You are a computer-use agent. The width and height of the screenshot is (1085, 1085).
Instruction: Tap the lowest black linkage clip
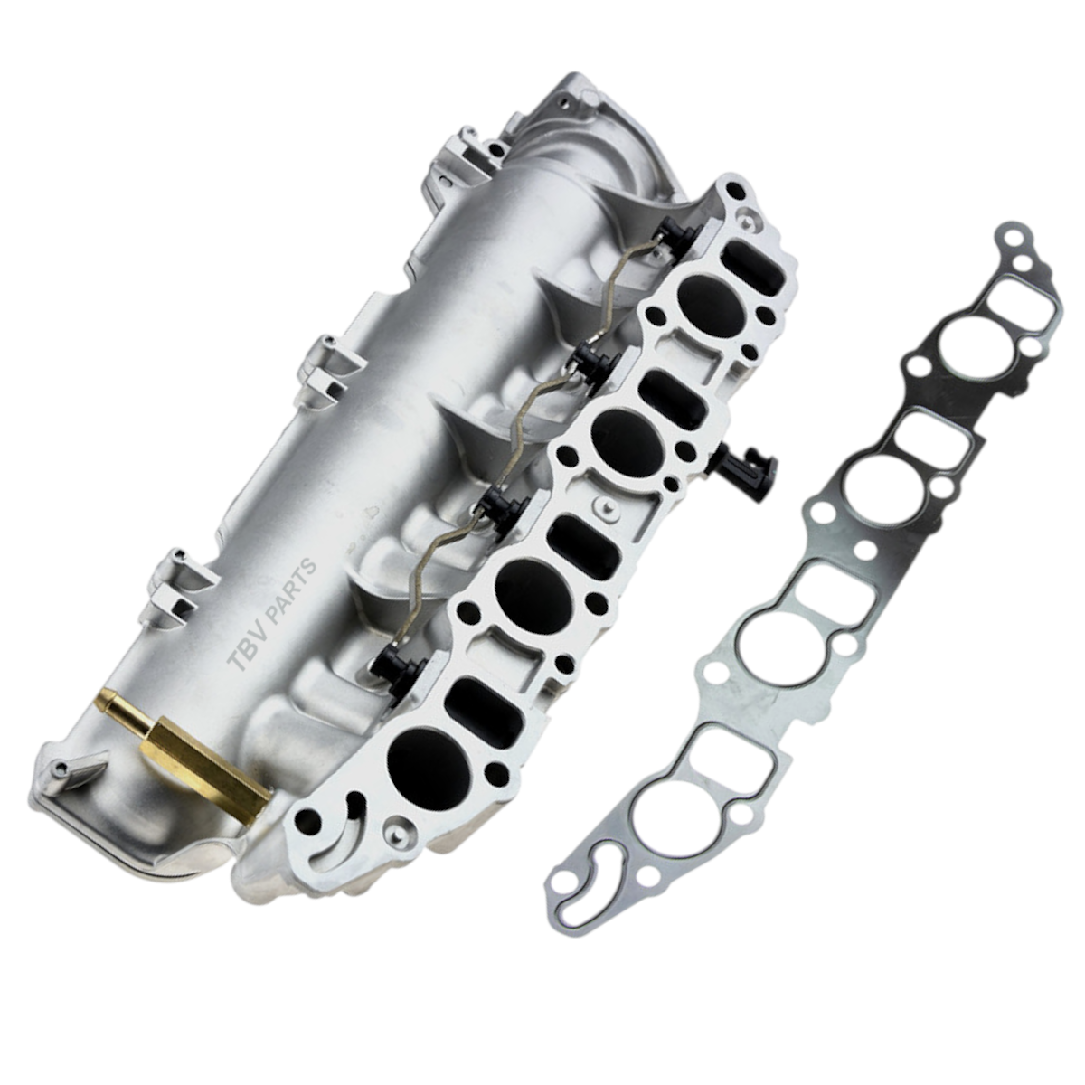click(398, 674)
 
